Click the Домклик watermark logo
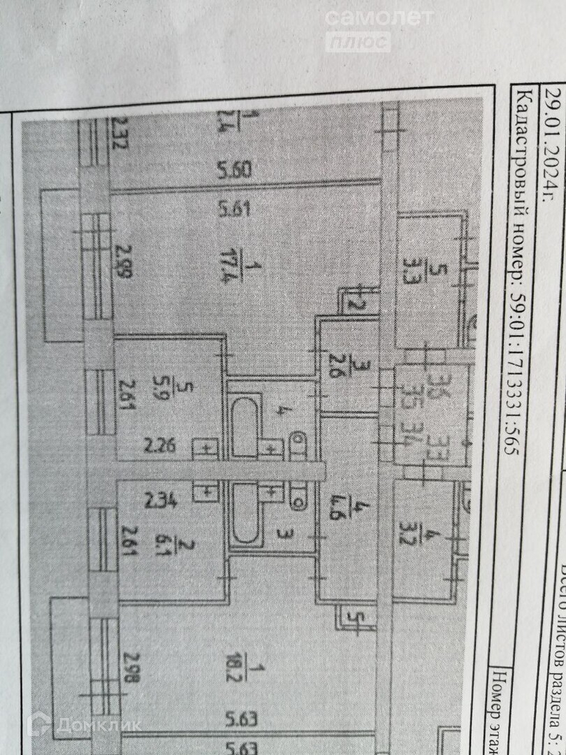(x=84, y=725)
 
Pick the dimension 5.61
(x=234, y=209)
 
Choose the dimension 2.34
(x=159, y=500)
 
